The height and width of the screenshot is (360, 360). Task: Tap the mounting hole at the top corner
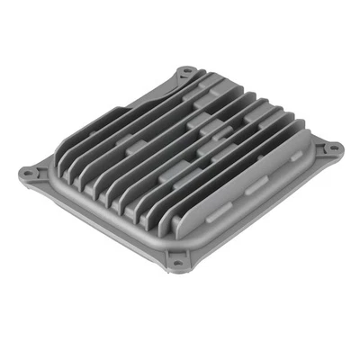[x=184, y=69]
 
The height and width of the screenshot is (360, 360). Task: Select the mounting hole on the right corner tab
[x=331, y=147]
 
